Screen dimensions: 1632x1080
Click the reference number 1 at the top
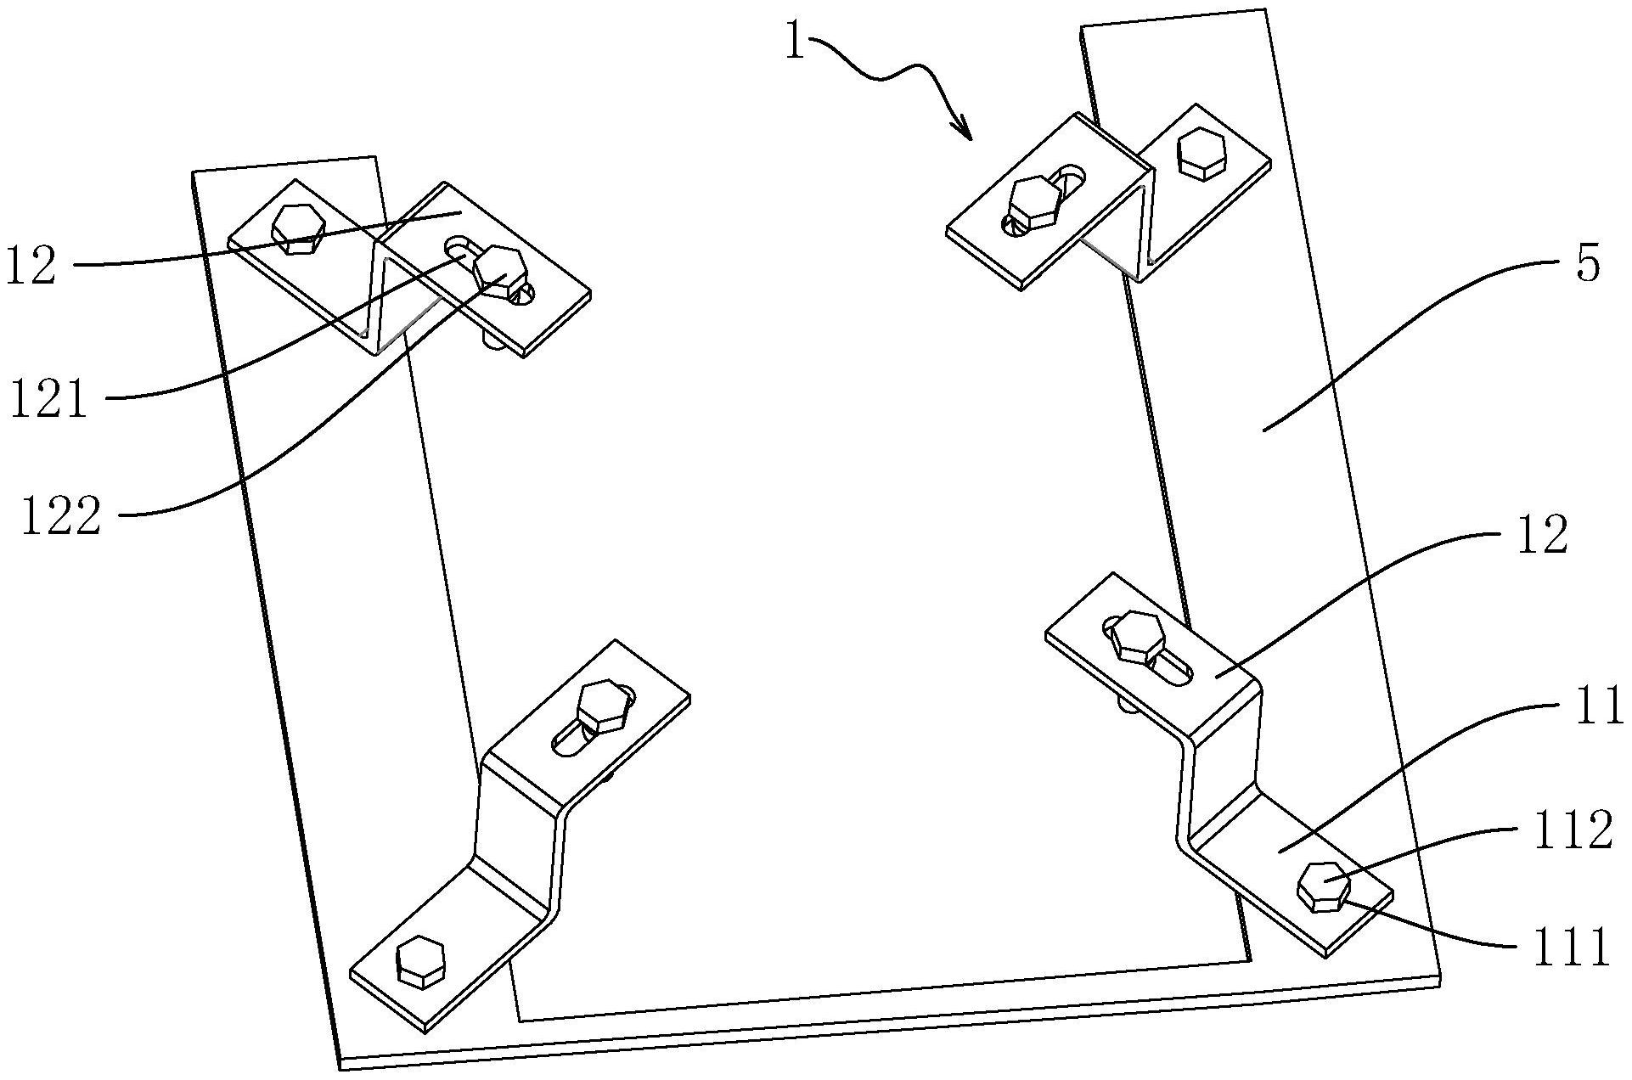tap(795, 40)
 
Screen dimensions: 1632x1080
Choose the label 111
tap(1570, 948)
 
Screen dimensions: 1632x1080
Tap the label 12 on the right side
tap(1541, 536)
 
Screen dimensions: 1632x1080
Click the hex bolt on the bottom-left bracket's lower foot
tap(420, 961)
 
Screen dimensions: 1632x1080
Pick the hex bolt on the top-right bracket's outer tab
tap(1201, 155)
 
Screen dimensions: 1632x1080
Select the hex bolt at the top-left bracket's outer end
tap(296, 228)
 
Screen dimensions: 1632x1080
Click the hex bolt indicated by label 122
tap(499, 270)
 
